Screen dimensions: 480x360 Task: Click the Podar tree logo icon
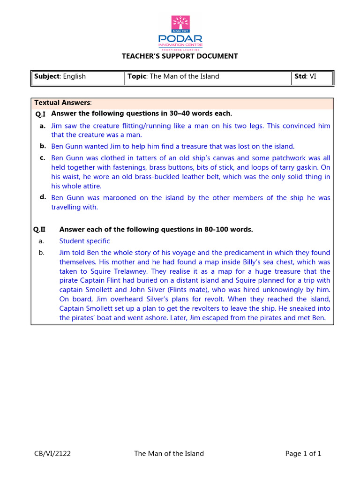point(180,24)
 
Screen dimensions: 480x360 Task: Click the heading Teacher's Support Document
point(180,56)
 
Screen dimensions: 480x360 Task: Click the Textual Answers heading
point(63,103)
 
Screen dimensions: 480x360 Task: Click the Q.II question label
point(39,230)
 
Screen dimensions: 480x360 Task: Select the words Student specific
point(84,241)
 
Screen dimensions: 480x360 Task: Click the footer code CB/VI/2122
point(52,453)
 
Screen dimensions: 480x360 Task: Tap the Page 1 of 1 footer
point(303,453)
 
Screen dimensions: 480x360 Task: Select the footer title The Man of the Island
point(169,453)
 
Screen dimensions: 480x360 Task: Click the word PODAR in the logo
point(180,39)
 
